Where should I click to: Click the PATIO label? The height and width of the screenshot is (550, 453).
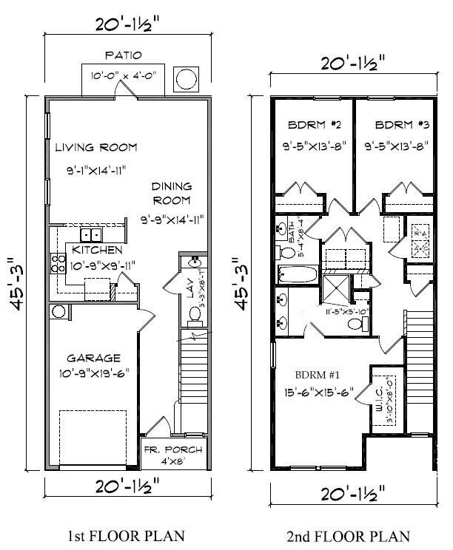click(123, 55)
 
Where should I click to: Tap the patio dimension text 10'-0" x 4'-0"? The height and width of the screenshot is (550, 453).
click(123, 74)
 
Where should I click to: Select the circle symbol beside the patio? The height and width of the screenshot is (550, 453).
click(186, 78)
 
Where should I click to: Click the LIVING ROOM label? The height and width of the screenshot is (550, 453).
click(96, 147)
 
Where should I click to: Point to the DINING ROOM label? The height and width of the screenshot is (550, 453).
click(172, 193)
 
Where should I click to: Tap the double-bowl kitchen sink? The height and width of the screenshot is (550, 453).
click(92, 235)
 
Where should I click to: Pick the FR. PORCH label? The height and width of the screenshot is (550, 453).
click(171, 449)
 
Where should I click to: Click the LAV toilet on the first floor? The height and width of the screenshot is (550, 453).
click(195, 314)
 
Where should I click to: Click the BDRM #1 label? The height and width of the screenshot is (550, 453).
click(315, 374)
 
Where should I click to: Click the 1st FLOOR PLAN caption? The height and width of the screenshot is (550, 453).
click(123, 535)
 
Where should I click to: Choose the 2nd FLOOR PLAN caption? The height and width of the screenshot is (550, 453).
click(347, 535)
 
